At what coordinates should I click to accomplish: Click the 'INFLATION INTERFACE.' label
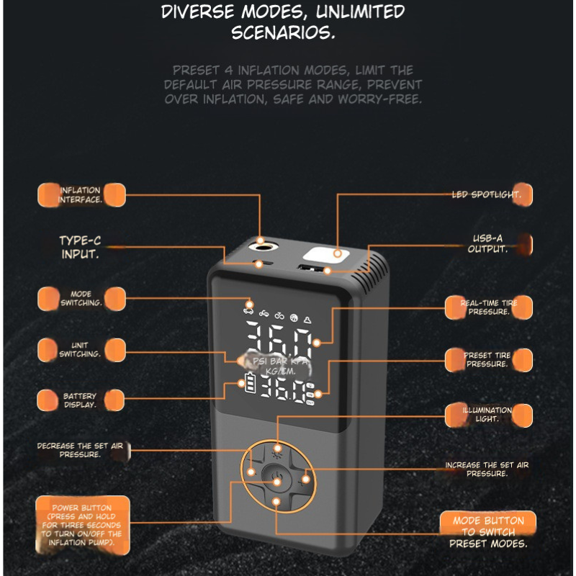click(80, 195)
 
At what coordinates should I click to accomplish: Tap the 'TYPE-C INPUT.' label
click(80, 247)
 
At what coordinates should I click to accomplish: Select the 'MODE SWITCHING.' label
click(81, 299)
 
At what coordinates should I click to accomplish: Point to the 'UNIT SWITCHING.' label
click(81, 350)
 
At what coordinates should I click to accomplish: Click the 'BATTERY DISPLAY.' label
click(80, 400)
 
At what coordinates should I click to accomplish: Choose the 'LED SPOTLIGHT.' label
click(490, 194)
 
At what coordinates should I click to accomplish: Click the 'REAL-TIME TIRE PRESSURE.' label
click(489, 307)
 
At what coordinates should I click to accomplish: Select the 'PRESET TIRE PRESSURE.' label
click(487, 359)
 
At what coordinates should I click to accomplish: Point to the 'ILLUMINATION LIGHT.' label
click(487, 414)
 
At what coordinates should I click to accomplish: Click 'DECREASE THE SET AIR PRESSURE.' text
click(80, 450)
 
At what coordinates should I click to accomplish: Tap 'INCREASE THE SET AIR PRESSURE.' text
click(487, 469)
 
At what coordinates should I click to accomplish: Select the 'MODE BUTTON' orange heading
click(489, 521)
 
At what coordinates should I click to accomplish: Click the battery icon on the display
click(249, 385)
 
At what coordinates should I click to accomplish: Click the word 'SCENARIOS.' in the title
click(283, 33)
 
